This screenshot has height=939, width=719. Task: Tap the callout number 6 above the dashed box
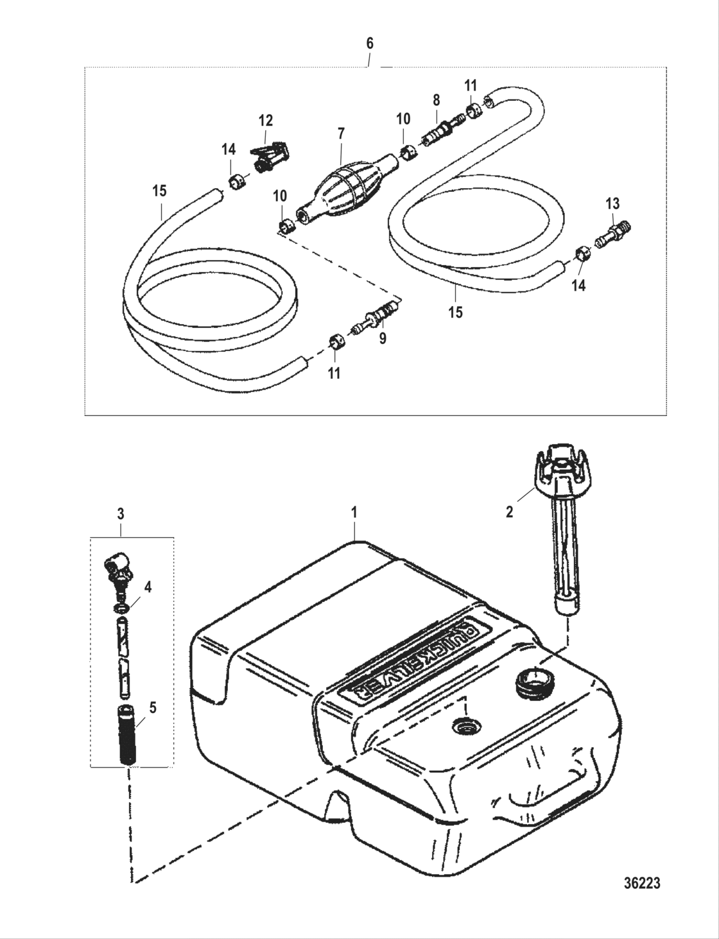369,44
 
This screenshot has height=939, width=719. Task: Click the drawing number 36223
641,883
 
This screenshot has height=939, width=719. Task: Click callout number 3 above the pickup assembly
121,513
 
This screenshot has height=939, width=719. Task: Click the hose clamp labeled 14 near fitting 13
581,254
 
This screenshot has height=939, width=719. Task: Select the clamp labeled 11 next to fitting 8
472,110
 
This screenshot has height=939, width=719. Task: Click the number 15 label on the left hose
159,191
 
